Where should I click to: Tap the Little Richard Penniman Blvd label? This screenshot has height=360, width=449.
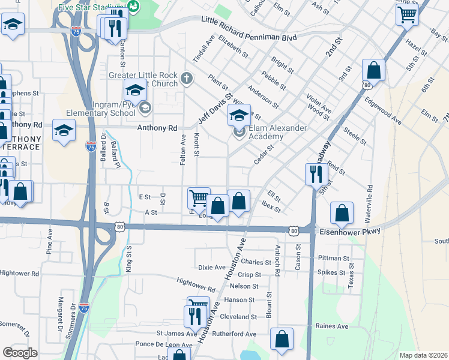[x=249, y=37]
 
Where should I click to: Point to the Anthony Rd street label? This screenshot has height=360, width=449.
[x=157, y=128]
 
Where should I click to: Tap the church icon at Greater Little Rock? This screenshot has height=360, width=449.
[x=187, y=78]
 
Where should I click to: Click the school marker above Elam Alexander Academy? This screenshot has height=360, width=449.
[x=239, y=115]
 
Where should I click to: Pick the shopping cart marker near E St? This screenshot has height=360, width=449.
[x=198, y=197]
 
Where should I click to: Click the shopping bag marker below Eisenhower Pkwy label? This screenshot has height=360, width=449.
[x=342, y=212]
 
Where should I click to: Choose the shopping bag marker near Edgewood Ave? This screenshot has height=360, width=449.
[x=373, y=70]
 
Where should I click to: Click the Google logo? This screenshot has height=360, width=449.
[x=20, y=352]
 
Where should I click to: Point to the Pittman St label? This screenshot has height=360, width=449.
[x=334, y=259]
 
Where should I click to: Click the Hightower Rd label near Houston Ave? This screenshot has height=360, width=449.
[x=196, y=284]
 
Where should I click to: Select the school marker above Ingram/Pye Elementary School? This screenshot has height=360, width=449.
[x=135, y=91]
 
